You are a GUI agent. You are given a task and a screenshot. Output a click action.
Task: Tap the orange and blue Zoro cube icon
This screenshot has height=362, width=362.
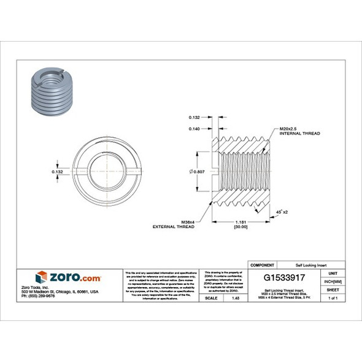coord(41,276)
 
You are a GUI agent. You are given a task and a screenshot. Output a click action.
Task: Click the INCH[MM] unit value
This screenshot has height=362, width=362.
coord(333,280)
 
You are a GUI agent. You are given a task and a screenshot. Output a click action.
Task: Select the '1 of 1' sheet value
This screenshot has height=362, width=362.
coord(333,298)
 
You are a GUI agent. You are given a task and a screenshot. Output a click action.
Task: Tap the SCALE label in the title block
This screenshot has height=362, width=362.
coord(210,298)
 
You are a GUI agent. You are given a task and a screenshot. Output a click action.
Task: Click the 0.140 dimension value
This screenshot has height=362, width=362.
coord(194,128)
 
